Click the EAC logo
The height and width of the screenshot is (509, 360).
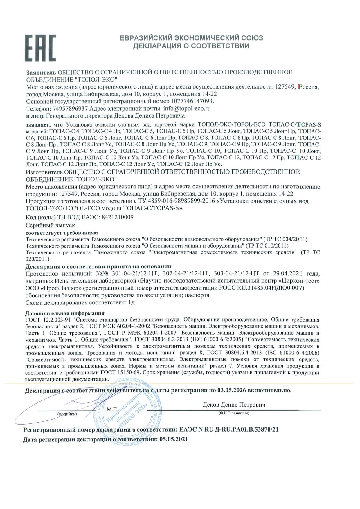pos(40,48)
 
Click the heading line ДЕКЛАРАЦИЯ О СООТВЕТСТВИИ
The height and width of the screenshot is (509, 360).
pos(191,46)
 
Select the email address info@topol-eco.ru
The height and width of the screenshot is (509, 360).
pos(187,109)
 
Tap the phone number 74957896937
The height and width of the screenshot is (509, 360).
pos(71,109)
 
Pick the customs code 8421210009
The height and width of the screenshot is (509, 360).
pos(116,217)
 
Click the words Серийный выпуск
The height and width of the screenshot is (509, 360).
pos(50,225)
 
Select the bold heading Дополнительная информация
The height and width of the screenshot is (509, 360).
pos(65,313)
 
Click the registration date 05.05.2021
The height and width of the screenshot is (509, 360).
pos(174,439)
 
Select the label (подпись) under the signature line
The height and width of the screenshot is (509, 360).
pos(67,414)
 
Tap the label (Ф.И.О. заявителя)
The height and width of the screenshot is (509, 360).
pos(234,413)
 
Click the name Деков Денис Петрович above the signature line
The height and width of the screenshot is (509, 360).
pos(234,405)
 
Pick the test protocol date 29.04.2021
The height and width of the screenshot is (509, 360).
pos(286,273)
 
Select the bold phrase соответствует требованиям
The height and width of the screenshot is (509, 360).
pos(62,233)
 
